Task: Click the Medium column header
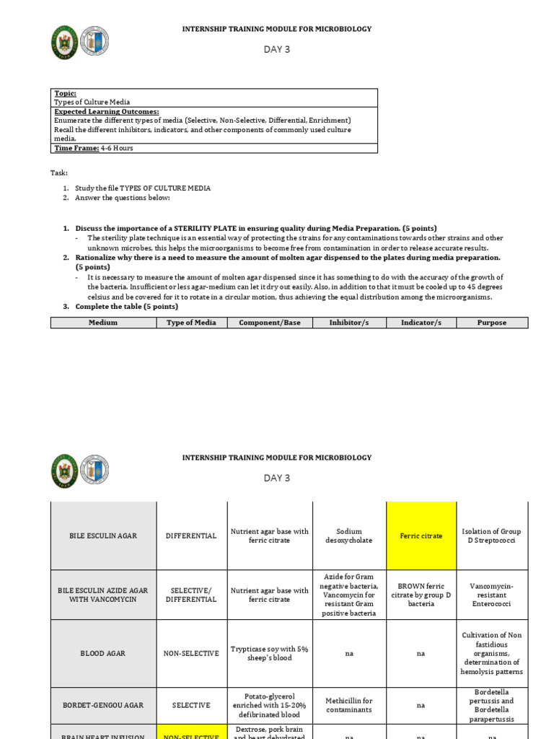coord(103,323)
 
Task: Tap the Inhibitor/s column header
coord(348,323)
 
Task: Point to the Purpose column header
coord(492,323)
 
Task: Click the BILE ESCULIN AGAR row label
coord(103,536)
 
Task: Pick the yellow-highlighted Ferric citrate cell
coord(421,536)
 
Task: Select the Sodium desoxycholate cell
coord(348,535)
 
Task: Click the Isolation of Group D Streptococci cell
coord(491,535)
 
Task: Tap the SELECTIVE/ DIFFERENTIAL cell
coord(190,595)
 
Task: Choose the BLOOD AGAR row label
coord(103,653)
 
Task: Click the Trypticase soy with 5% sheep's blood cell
coord(269,653)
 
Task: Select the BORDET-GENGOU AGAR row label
coord(103,705)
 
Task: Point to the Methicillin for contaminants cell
coord(348,705)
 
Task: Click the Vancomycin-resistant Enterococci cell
coord(491,595)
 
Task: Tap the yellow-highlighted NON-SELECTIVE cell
coord(190,735)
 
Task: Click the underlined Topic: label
coord(65,93)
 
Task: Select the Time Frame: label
coord(76,148)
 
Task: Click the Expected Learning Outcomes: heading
coord(106,111)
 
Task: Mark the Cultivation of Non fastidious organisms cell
coord(491,653)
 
